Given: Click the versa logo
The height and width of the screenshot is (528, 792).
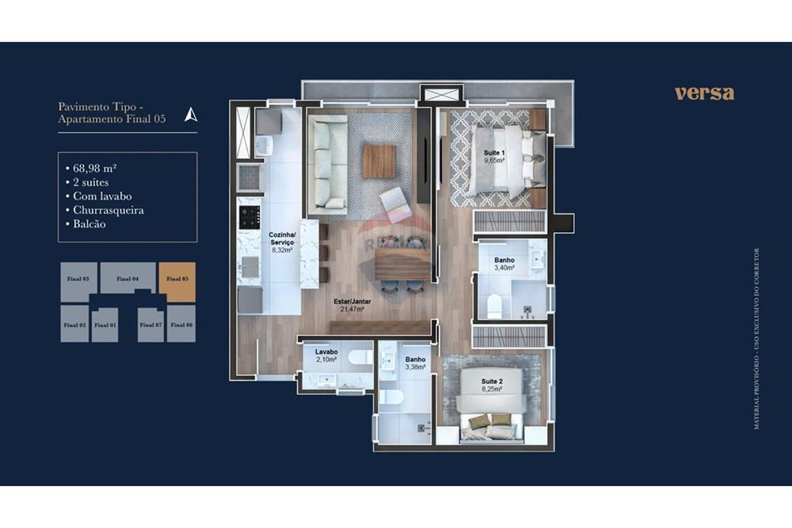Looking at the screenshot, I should pyautogui.click(x=704, y=93).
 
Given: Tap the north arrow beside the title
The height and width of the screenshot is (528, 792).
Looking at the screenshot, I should pyautogui.click(x=190, y=114).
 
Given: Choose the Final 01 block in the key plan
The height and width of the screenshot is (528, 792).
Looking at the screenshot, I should pyautogui.click(x=105, y=325).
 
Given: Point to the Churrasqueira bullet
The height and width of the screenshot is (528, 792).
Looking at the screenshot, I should pyautogui.click(x=108, y=211).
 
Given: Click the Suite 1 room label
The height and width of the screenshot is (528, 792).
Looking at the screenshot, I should pyautogui.click(x=494, y=153).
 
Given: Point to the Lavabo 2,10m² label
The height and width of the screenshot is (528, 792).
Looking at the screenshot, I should pyautogui.click(x=326, y=355).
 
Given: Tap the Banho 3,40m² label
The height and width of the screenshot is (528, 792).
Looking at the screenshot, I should pyautogui.click(x=505, y=264).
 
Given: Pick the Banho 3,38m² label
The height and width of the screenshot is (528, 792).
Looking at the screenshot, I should pyautogui.click(x=416, y=363).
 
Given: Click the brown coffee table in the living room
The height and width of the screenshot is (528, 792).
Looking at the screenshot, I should pyautogui.click(x=379, y=161).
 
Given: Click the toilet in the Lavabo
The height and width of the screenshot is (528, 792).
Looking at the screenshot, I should pyautogui.click(x=360, y=358).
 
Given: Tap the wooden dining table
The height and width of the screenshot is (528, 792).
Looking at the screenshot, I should pyautogui.click(x=402, y=264).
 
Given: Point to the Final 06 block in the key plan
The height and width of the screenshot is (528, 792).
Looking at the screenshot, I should pyautogui.click(x=181, y=325).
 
